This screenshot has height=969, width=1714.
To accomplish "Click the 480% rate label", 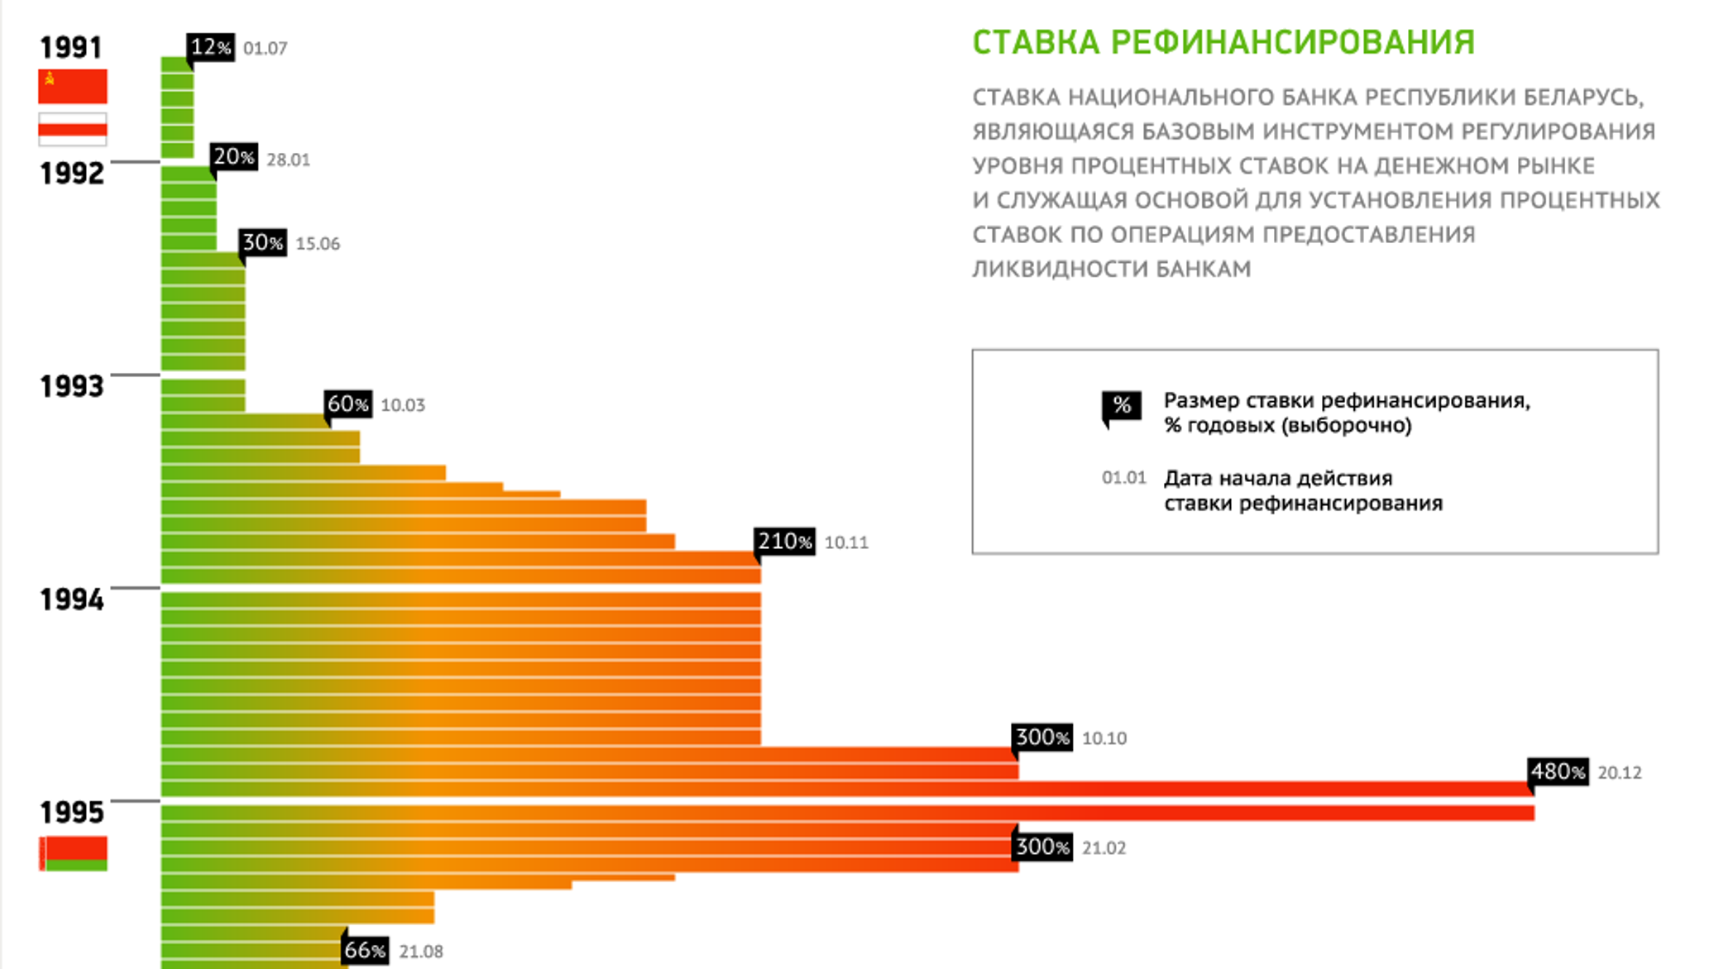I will tap(1558, 771).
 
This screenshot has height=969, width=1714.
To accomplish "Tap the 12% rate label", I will tap(211, 47).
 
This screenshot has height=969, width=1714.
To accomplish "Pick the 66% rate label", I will tap(365, 950).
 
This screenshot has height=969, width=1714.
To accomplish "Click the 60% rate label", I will tap(347, 403).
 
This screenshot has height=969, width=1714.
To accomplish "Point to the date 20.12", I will tap(1620, 773).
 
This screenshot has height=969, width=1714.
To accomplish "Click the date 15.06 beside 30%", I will tap(318, 244).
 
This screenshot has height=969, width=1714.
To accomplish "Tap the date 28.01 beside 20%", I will tap(288, 160).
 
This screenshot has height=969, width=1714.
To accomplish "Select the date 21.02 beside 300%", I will tap(1104, 848).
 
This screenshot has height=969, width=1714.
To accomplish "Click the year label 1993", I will tap(72, 386).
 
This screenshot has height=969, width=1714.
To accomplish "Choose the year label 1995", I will tap(72, 812).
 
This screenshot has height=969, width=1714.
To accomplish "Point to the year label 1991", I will tap(71, 47).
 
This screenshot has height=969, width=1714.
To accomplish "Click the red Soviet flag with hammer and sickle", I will tap(73, 86).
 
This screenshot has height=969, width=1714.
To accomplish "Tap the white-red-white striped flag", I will tap(73, 129).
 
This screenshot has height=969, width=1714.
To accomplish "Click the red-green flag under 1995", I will tap(73, 853).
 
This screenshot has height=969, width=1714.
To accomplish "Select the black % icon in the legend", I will tap(1122, 406).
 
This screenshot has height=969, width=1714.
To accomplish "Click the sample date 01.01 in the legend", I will tap(1123, 478).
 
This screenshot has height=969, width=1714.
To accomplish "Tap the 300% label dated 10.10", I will tap(1042, 737).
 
